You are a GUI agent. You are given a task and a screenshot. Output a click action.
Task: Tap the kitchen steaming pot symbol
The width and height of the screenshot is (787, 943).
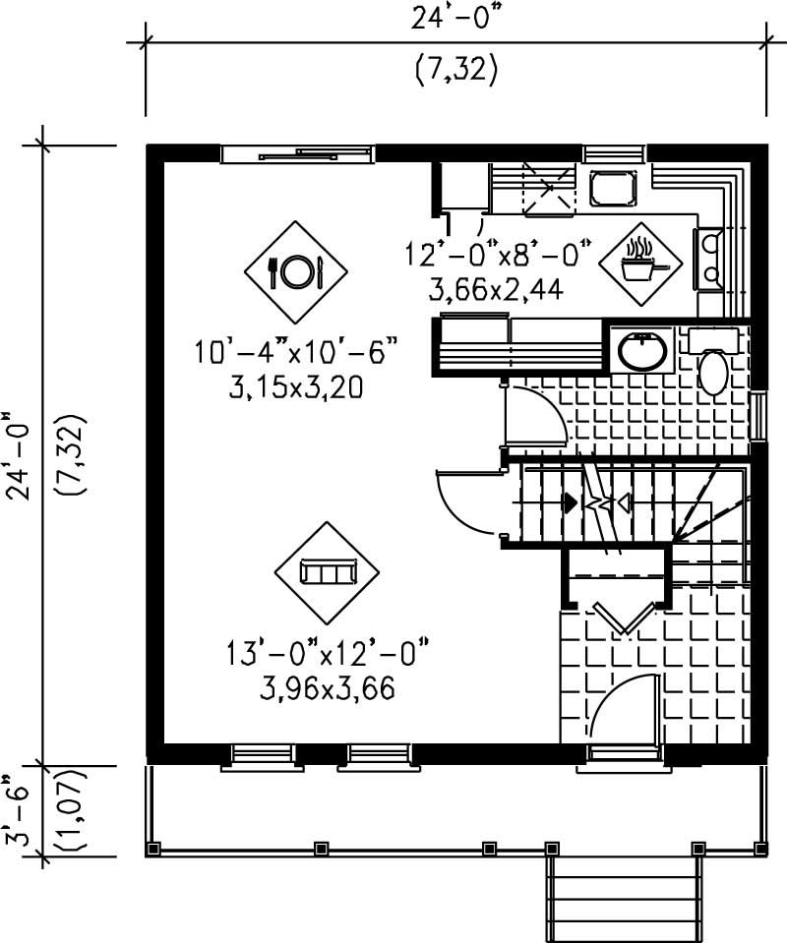pos(639,260)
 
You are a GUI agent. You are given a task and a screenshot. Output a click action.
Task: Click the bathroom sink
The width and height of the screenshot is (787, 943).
pos(641,348)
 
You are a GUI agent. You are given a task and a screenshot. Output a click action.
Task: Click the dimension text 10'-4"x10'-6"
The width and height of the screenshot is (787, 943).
pos(296,350)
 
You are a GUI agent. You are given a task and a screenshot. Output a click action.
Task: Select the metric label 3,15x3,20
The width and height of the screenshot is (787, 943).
pos(296,387)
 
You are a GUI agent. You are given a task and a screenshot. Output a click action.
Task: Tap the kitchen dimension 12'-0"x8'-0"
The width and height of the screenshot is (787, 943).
pos(498,254)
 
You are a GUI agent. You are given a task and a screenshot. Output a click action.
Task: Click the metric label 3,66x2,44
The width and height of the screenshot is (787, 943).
pos(498,291)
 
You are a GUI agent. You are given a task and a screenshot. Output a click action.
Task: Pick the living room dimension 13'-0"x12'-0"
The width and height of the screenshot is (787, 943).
pos(328,651)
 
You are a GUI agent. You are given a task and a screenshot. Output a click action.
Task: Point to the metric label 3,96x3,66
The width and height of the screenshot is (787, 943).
pos(328,688)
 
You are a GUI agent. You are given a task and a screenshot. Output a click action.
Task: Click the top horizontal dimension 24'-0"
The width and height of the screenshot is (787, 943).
pos(454,19)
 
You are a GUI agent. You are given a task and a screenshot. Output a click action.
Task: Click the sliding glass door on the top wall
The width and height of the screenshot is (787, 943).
pos(296,153)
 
